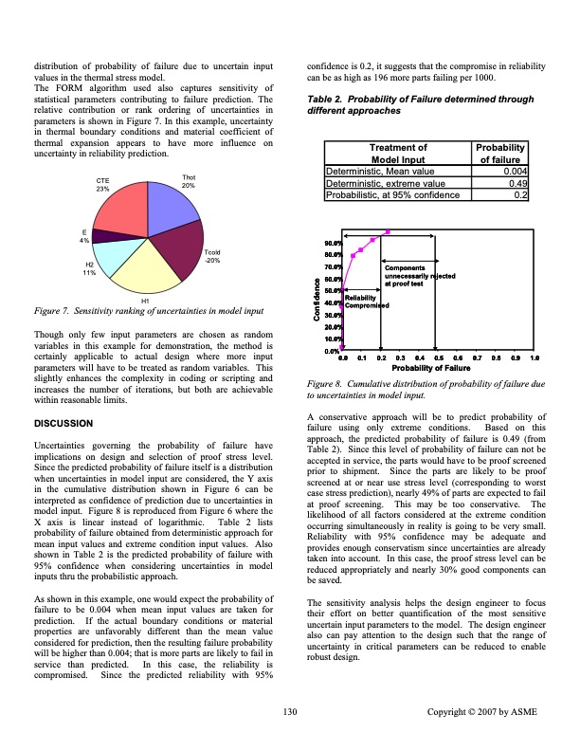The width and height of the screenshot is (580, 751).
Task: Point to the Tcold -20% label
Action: click(213, 256)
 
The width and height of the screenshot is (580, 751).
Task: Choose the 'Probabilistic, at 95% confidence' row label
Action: click(393, 195)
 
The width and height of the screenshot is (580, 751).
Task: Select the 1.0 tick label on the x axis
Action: click(535, 357)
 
